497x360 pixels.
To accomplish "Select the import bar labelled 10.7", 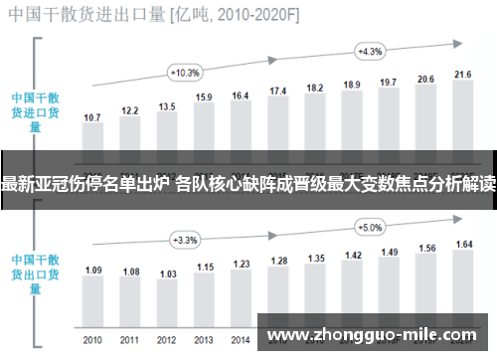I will tap(92, 139).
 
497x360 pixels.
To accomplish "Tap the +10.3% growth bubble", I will tap(185, 73).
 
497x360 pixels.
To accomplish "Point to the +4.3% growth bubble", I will tap(370, 51).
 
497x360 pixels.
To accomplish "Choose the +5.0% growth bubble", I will tap(370, 227).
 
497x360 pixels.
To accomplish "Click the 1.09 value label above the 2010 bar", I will tap(92, 242).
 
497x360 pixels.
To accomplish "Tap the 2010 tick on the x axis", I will tap(92, 338).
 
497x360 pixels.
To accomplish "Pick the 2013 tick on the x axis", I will tap(204, 338).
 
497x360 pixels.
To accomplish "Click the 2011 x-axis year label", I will tap(130, 338).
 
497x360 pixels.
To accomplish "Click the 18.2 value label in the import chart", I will tap(315, 89).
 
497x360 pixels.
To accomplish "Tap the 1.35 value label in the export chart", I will tap(315, 231).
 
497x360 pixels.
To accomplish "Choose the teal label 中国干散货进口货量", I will tap(36, 112).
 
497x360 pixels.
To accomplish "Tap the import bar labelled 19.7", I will tap(389, 118).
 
